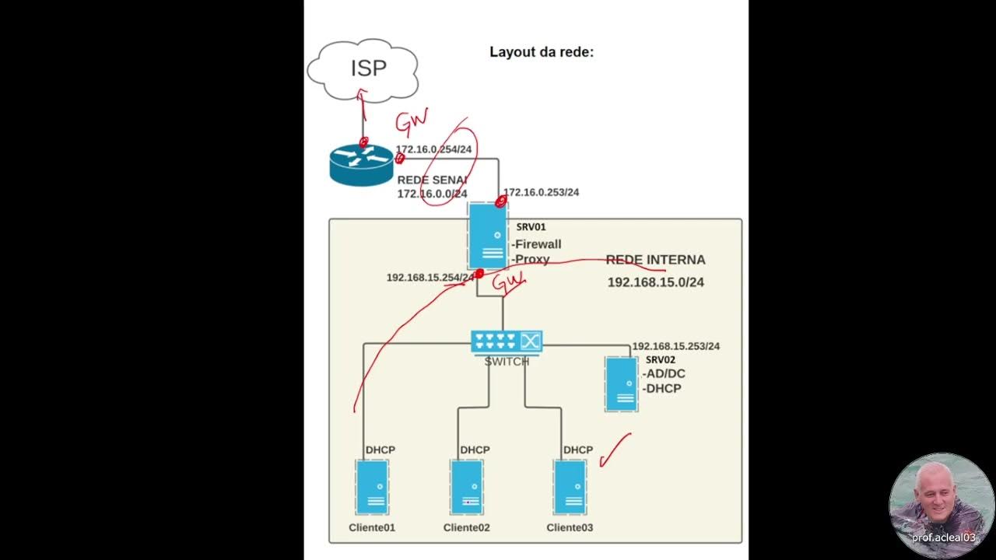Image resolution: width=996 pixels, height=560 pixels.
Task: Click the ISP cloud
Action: (363, 70)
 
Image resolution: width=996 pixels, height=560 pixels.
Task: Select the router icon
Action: (362, 165)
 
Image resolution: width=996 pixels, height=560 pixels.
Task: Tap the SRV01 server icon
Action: (487, 236)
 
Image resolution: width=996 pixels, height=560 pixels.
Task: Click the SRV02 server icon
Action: (622, 384)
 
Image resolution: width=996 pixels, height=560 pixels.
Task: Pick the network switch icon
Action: (507, 342)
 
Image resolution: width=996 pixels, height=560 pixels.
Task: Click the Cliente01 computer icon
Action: (372, 487)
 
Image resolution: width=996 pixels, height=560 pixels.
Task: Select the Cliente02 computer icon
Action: (467, 487)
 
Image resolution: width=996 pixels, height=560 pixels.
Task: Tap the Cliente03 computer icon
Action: (570, 487)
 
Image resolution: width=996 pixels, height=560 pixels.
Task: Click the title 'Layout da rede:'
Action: (542, 52)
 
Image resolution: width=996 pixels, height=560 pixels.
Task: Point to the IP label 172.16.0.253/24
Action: (541, 192)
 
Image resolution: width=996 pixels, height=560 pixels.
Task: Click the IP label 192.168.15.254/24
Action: (430, 278)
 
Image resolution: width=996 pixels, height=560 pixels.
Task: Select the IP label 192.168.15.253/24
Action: (676, 346)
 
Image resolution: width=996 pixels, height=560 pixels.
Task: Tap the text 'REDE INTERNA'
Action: (655, 260)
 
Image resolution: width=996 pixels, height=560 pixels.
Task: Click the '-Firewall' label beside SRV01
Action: (536, 244)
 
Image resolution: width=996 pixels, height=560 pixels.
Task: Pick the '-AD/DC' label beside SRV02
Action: (664, 374)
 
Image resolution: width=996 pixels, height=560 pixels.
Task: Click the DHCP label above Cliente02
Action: (475, 450)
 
